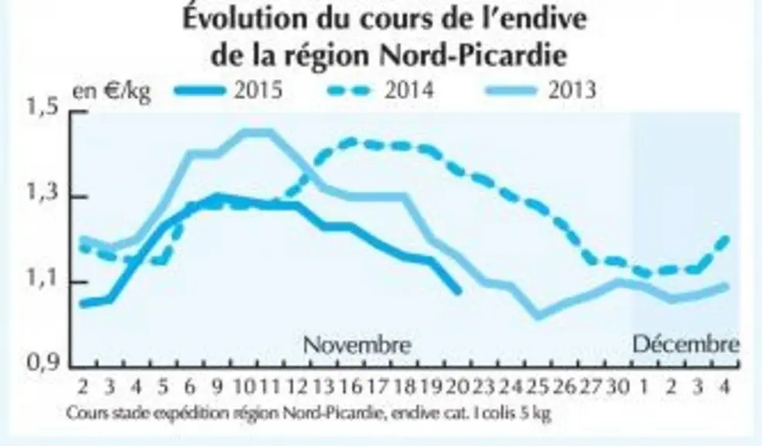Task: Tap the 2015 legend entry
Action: [228, 90]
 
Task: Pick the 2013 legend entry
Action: [541, 90]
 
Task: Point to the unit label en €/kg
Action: [112, 91]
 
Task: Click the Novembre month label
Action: [357, 345]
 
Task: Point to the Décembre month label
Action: [685, 344]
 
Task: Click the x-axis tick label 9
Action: [218, 386]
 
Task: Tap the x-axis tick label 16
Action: [351, 386]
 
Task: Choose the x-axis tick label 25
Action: [538, 386]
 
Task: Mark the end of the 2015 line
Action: [458, 291]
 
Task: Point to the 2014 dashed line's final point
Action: [726, 238]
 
